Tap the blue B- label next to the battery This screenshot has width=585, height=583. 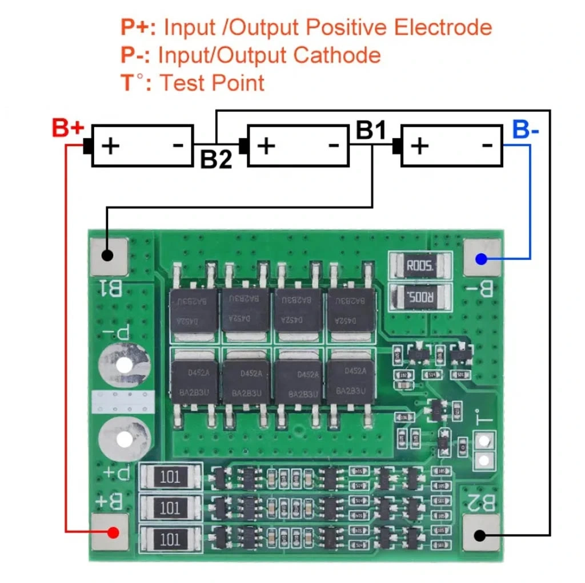click(526, 129)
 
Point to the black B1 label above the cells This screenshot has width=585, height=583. click(371, 130)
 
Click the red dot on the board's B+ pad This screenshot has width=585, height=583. click(113, 533)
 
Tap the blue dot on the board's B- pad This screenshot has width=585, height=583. click(481, 260)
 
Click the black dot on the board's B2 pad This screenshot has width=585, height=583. click(480, 536)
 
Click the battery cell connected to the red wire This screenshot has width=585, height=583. click(143, 146)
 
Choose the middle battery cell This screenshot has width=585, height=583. click(298, 146)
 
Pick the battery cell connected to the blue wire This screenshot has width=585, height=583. click(452, 146)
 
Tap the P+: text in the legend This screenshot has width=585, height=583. click(139, 27)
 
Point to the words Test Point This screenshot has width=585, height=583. click(211, 83)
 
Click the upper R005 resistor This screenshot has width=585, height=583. click(420, 265)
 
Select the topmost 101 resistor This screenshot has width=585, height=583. click(170, 477)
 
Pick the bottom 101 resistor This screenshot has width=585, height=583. click(170, 539)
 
